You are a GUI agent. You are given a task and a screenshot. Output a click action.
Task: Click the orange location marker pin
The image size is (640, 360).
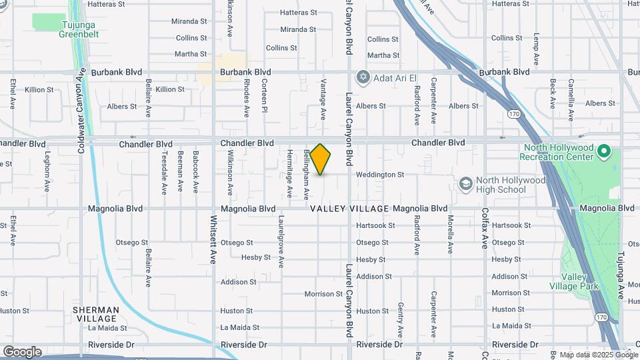[321, 159]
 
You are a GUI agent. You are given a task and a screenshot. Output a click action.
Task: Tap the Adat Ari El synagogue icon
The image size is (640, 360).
[363, 78]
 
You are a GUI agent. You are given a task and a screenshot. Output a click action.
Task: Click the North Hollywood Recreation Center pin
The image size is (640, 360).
[604, 152]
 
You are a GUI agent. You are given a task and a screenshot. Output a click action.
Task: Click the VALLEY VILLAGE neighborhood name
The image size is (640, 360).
[349, 209]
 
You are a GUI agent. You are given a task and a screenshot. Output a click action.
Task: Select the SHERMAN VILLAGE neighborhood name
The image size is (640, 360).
[95, 314]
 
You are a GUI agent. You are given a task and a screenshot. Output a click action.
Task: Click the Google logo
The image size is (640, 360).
[22, 351]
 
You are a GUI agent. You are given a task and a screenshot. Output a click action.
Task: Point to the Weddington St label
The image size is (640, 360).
[380, 175]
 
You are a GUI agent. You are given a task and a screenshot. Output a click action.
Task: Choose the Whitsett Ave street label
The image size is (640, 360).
[214, 239]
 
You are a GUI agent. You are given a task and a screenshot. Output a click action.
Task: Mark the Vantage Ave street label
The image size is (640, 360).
[323, 99]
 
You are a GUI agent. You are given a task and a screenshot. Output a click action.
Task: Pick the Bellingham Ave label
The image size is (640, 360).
[306, 175]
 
